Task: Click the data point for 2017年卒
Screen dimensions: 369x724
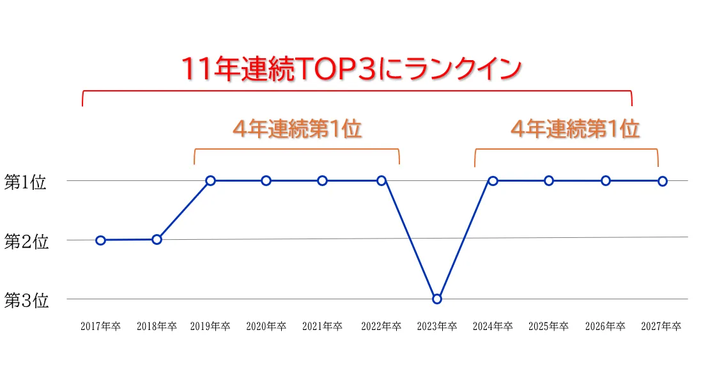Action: (x=100, y=240)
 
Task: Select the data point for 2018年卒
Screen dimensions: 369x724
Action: (x=157, y=240)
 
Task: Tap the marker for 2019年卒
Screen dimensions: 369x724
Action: (x=210, y=181)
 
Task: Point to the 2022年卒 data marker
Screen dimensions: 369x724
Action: (x=381, y=181)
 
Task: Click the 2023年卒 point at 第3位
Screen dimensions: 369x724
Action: (x=437, y=299)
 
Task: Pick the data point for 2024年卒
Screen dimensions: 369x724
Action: (x=493, y=181)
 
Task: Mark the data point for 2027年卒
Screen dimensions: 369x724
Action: (x=663, y=181)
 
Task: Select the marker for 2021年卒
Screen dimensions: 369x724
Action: (x=323, y=181)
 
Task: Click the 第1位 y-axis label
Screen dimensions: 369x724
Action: (x=26, y=182)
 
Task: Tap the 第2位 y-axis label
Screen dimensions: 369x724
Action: (x=26, y=242)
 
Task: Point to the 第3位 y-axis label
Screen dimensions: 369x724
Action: (x=26, y=301)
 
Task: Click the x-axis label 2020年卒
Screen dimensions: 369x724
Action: (x=266, y=326)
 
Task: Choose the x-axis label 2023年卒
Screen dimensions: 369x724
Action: (x=437, y=326)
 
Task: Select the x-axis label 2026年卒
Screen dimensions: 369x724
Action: (x=605, y=326)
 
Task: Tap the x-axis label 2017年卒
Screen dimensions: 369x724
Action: (x=100, y=326)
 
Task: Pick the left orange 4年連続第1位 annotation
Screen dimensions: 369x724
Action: (x=297, y=129)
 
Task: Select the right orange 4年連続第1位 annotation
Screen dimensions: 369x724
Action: (x=575, y=129)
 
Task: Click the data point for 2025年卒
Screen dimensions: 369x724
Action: (x=549, y=181)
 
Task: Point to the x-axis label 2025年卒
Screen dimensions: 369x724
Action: (x=548, y=326)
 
